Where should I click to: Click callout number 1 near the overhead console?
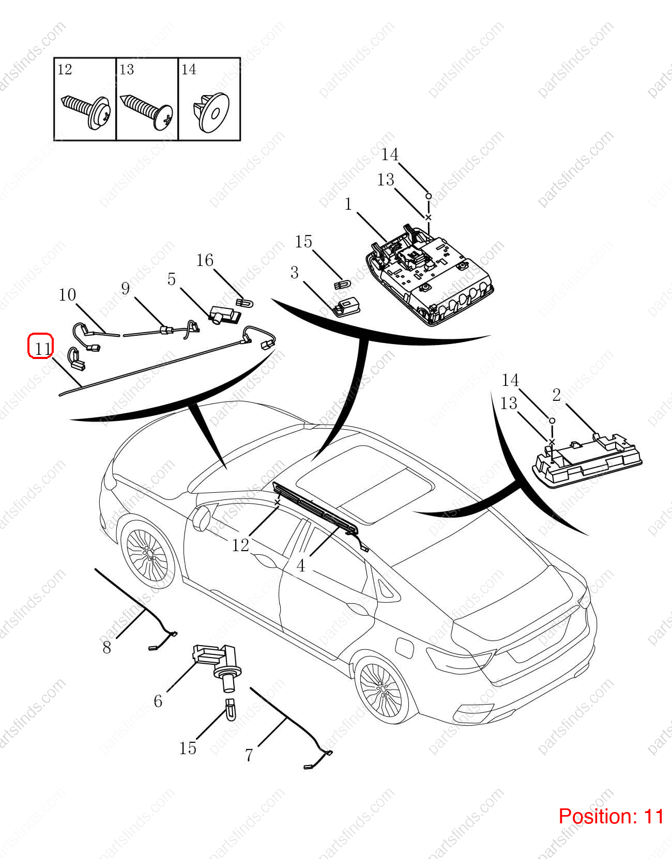[x=348, y=205]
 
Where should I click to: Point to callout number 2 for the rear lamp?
[x=557, y=395]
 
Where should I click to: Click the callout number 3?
[x=294, y=273]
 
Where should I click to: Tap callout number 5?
[x=171, y=279]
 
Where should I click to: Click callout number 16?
[x=205, y=260]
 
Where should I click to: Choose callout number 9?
[x=126, y=289]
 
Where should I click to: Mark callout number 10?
[x=67, y=295]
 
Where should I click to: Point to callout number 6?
[x=158, y=701]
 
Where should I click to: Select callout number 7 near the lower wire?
[x=249, y=755]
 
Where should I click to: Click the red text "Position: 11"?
[x=611, y=816]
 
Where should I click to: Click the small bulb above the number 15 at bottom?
[x=230, y=709]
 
